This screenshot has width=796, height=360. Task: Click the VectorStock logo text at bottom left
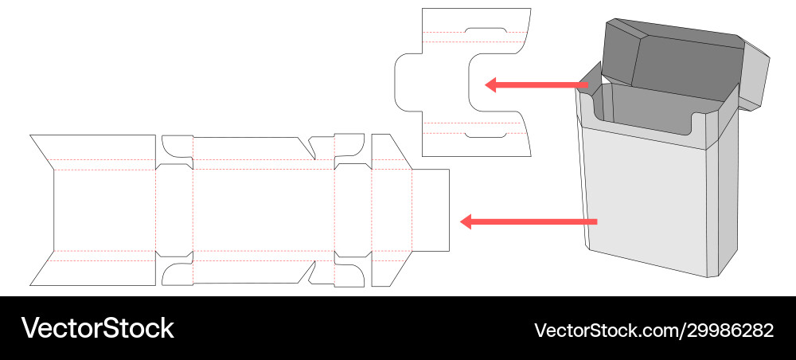tap(97, 328)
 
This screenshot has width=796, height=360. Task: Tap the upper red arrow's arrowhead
tap(491, 84)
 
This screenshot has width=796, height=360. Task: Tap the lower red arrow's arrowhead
tap(468, 221)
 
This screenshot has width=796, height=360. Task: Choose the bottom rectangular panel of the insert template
tap(475, 143)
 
